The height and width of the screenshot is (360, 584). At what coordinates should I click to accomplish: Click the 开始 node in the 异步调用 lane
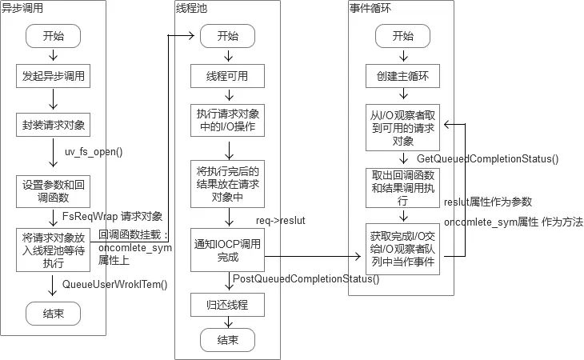[53, 36]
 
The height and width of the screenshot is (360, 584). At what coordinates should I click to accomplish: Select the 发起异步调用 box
[53, 77]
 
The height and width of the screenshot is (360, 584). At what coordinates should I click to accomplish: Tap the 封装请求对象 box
[53, 125]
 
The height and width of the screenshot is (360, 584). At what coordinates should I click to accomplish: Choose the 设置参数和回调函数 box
[53, 190]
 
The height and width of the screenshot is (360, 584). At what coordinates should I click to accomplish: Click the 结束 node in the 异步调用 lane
[53, 313]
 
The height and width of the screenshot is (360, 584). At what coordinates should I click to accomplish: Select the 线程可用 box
[227, 77]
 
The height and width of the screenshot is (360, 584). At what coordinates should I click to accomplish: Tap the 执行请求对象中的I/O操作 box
[227, 119]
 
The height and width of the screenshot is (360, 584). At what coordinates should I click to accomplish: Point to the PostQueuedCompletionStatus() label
[305, 278]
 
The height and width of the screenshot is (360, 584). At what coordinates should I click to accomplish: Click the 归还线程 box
[227, 304]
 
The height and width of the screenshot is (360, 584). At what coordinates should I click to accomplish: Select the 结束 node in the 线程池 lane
[227, 340]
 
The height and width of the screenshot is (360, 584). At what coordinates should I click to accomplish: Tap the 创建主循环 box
[403, 77]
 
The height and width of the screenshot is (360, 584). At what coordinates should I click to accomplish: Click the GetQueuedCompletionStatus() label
[486, 158]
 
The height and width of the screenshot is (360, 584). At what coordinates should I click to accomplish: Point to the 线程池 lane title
[191, 8]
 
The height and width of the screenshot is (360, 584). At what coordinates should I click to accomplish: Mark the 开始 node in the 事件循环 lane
[403, 36]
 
